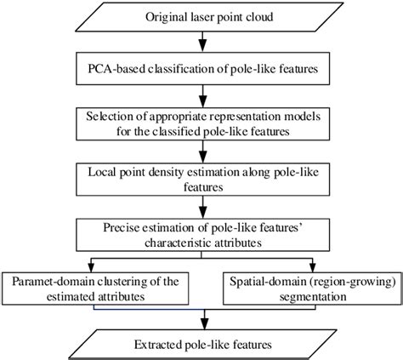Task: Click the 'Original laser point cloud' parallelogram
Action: (x=201, y=17)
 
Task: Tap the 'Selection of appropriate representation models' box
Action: (x=201, y=124)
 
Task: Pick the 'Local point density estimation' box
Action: (x=201, y=176)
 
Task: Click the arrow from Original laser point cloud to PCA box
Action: (x=201, y=42)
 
